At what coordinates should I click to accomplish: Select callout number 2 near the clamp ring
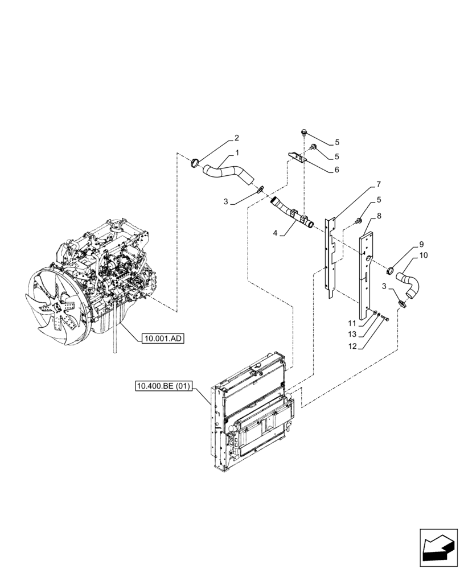coord(237,138)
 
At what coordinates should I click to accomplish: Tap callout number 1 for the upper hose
coord(236,153)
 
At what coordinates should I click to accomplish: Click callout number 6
coord(337,169)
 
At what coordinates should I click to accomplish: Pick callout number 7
coord(378,185)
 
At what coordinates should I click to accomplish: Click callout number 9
coord(422,245)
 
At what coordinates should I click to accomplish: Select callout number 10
coord(424,255)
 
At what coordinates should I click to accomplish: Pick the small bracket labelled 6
coord(297,156)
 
